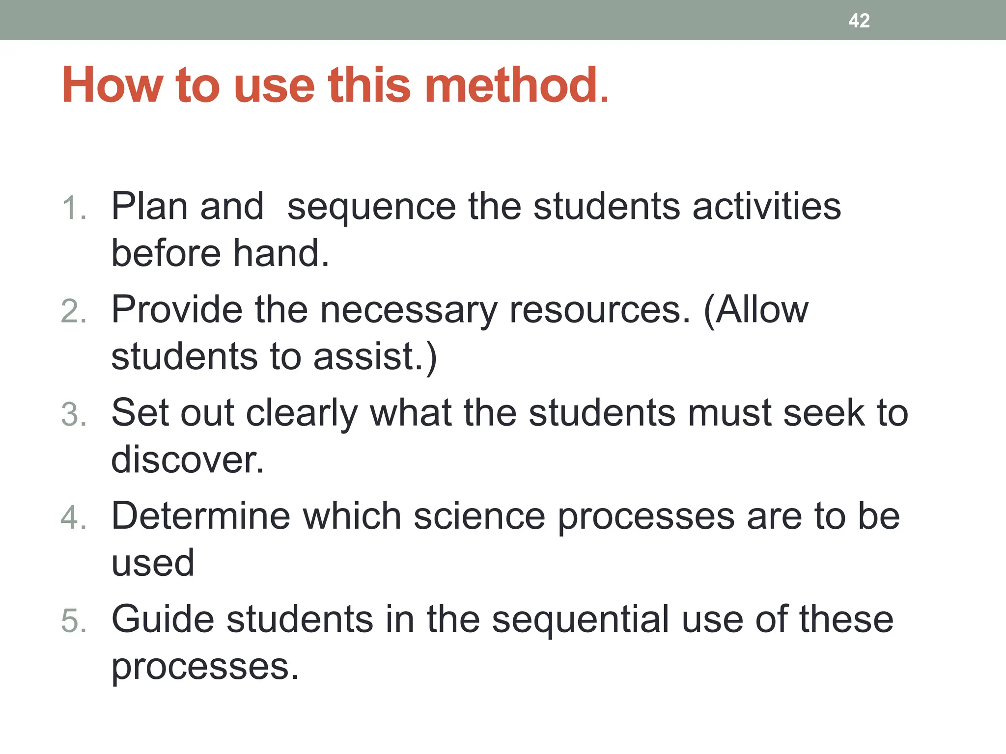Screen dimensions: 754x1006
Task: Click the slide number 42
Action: pos(859,21)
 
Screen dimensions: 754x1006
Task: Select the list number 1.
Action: pos(74,208)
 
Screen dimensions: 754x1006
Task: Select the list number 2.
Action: pos(74,312)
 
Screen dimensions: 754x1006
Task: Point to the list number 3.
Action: pos(74,415)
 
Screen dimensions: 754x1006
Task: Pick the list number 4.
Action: pos(74,518)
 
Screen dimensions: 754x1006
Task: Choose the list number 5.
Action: pos(74,621)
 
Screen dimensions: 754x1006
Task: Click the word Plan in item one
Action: pos(149,206)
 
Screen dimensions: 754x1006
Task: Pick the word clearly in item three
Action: pos(302,413)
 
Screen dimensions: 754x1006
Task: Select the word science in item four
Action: pos(479,516)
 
